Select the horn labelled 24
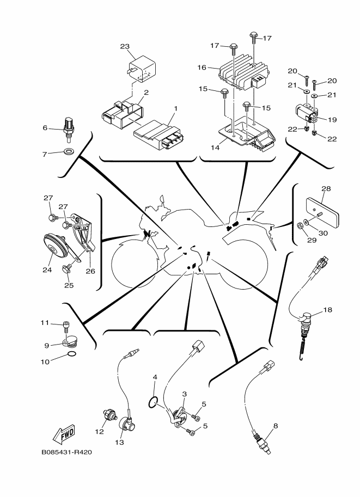(55, 246)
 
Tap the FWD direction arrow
(64, 434)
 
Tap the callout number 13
(119, 442)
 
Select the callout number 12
(100, 432)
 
